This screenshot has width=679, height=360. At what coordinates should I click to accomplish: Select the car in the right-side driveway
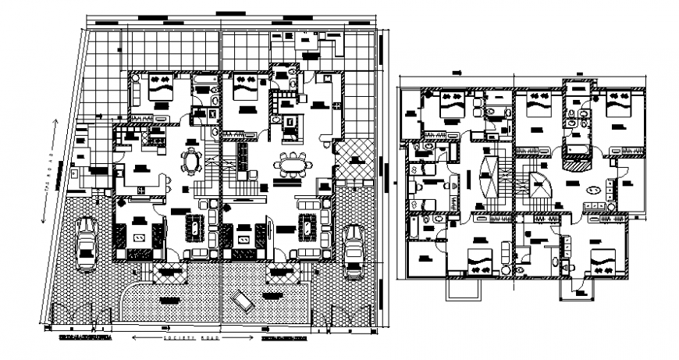point(355,249)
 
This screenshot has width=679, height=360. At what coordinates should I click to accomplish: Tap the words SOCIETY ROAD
point(191,339)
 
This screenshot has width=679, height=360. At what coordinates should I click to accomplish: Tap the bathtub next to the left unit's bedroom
point(205,81)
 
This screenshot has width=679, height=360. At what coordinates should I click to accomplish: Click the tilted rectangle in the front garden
point(242,301)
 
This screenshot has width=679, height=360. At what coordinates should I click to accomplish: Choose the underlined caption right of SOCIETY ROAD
point(286,339)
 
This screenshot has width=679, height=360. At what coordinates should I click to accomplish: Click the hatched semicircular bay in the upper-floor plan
point(579,161)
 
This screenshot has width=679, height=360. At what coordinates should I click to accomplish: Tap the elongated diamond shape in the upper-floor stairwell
point(489,178)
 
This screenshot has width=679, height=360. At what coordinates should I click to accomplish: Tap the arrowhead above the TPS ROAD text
point(55,121)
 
